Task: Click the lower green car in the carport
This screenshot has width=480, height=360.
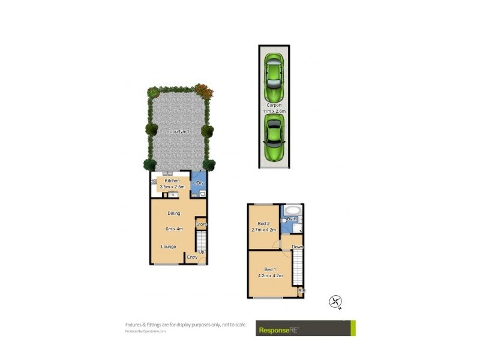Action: [274, 139]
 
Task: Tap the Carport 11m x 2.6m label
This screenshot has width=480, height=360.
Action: [274, 108]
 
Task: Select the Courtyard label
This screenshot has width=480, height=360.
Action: [178, 131]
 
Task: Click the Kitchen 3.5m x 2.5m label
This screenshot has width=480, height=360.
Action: [173, 184]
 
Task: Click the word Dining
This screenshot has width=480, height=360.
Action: [174, 214]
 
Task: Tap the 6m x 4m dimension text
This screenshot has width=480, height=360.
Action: [174, 229]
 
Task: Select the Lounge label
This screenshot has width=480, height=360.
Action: [168, 247]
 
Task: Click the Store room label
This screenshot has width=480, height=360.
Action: [201, 224]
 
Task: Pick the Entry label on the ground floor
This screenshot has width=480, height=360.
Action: [192, 257]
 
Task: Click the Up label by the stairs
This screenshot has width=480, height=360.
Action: [202, 252]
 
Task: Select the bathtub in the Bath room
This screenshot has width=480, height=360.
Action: [293, 211]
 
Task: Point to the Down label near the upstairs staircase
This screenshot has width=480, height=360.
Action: [297, 247]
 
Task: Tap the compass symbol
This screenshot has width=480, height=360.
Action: [335, 302]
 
